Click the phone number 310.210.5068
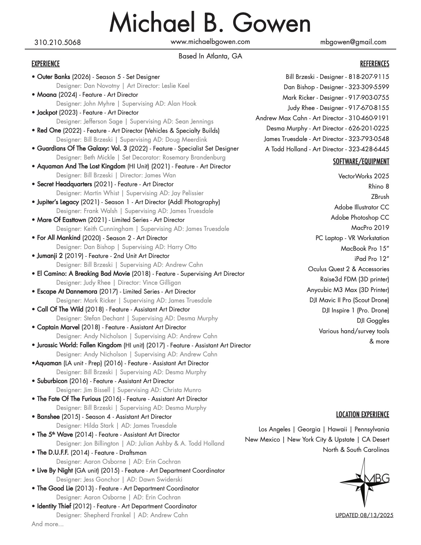(x=57, y=43)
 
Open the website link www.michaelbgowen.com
(x=210, y=42)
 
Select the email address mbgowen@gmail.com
(x=353, y=42)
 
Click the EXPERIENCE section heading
(x=46, y=64)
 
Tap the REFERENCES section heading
(x=374, y=64)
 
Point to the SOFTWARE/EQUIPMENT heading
(x=361, y=162)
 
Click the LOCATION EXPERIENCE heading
(x=363, y=415)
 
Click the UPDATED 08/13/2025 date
(x=364, y=515)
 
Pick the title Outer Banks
(x=53, y=77)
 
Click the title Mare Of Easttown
(x=61, y=220)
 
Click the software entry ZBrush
(x=380, y=197)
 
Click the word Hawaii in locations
(x=337, y=429)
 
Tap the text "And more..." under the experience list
(x=48, y=524)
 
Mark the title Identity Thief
(x=54, y=506)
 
